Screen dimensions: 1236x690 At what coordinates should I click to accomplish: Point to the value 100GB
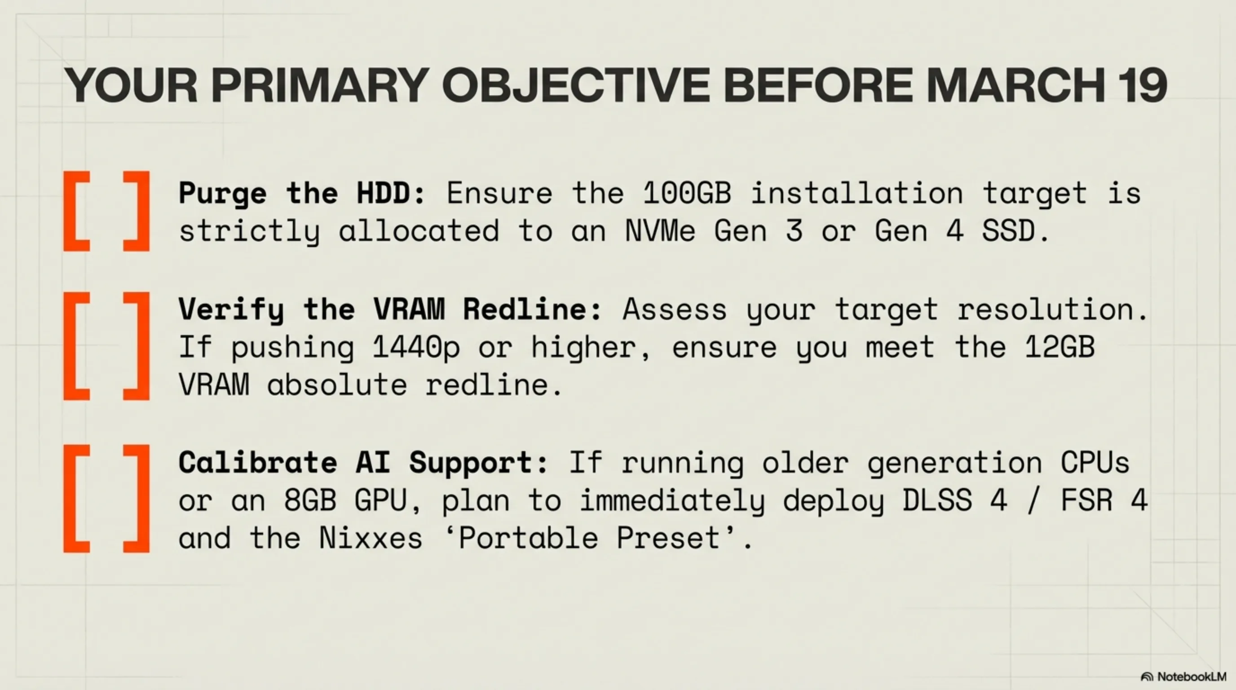[x=687, y=193]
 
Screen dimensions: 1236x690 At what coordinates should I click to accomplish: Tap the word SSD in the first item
[x=1008, y=231]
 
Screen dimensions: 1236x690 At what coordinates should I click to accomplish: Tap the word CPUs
[x=1095, y=463]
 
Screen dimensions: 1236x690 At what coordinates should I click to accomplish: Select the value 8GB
[x=310, y=500]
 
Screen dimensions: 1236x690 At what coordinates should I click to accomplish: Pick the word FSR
[x=1086, y=500]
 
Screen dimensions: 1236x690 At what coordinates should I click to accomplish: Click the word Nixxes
[x=371, y=538]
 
